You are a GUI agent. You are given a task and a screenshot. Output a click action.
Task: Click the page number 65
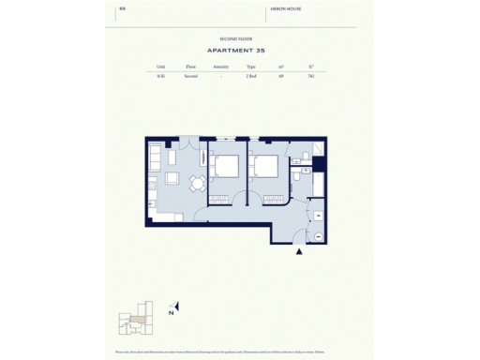coord(122,11)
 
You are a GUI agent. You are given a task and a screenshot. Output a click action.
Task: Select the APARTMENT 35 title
coord(239,51)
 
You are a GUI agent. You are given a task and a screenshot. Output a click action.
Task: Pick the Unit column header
coord(161,67)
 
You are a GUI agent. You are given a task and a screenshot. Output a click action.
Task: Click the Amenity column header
coord(221,67)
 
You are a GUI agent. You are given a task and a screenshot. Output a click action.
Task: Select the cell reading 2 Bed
coord(251,77)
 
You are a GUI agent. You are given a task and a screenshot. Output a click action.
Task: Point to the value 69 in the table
coord(281,77)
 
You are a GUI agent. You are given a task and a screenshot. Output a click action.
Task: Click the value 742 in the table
coord(310,77)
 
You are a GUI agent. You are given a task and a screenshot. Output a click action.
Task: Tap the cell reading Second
coord(191,77)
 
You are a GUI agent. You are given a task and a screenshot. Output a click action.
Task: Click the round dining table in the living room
coord(197,182)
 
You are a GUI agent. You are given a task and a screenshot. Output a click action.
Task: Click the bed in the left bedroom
coord(225,166)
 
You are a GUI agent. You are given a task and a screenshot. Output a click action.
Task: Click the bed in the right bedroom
coord(265,166)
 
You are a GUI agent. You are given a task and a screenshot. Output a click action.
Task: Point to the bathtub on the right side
coord(319,183)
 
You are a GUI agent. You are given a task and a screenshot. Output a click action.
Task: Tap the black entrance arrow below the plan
coord(299,251)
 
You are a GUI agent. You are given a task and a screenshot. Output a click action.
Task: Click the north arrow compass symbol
coord(174,307)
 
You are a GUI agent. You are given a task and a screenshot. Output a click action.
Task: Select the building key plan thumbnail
coord(135,320)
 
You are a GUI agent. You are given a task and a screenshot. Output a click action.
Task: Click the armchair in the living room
coord(172,178)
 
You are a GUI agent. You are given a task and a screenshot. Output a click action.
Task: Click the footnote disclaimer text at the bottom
coord(239,352)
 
